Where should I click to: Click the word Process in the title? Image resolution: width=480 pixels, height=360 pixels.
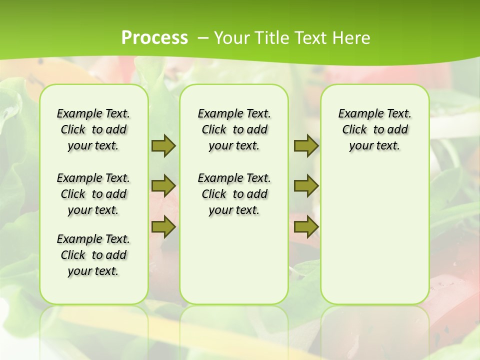click(154, 37)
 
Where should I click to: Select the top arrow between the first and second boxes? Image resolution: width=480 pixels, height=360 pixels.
click(163, 145)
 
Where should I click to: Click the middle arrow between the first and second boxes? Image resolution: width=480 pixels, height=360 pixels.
click(163, 186)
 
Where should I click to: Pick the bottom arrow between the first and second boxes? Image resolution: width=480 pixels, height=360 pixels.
click(163, 227)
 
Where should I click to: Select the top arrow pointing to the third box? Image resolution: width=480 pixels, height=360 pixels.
click(306, 145)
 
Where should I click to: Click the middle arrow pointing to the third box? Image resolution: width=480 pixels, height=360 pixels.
click(306, 186)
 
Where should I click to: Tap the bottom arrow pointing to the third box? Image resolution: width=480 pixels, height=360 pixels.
click(306, 227)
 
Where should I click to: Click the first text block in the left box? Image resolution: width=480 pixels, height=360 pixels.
click(93, 129)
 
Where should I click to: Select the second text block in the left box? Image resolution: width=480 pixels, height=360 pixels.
click(93, 194)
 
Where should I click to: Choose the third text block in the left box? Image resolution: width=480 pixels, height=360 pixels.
click(93, 255)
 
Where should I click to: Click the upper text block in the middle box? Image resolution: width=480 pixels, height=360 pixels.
click(234, 129)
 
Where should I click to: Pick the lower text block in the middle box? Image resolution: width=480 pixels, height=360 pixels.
click(234, 194)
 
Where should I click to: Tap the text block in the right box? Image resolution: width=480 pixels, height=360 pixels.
click(375, 129)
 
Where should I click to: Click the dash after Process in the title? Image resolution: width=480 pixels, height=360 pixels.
click(203, 37)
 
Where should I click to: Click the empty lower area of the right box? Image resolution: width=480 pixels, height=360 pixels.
click(375, 240)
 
